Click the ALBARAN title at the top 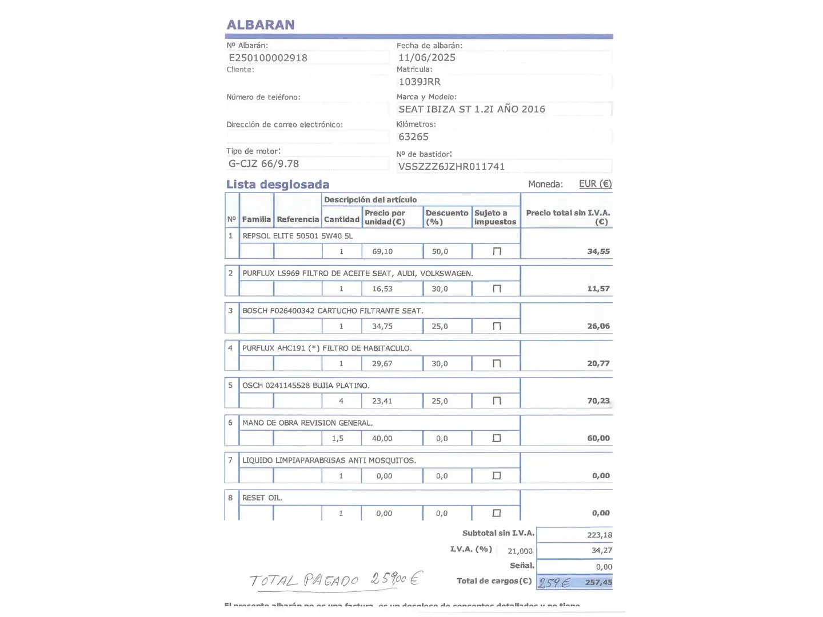(x=261, y=25)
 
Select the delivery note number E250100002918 (x=268, y=58)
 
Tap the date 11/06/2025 (x=427, y=58)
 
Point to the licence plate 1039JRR (x=420, y=82)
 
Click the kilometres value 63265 (x=413, y=137)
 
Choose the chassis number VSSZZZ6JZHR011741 (x=452, y=166)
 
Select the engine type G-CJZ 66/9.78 (x=263, y=163)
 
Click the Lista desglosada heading (x=278, y=185)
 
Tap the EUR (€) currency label (x=595, y=184)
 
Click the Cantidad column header (x=342, y=219)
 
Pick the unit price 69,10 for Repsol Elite (x=382, y=251)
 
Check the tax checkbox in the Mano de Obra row (x=497, y=438)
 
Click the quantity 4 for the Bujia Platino (x=341, y=401)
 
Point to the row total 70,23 (x=598, y=401)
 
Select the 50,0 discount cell (x=440, y=251)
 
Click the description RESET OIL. (x=262, y=498)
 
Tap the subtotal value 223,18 (x=599, y=535)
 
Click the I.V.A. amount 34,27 (x=601, y=550)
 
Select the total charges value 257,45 (x=598, y=582)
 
